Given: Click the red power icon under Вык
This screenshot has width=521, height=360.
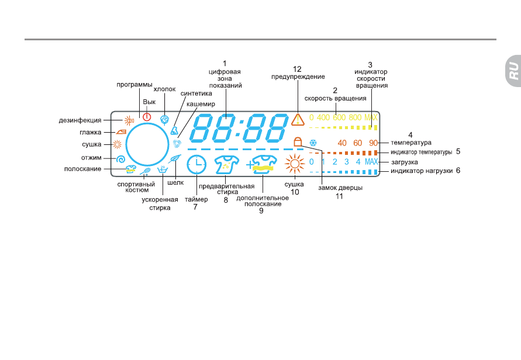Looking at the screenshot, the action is pyautogui.click(x=147, y=117).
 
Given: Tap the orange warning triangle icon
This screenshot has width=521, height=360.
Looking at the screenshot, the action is pyautogui.click(x=298, y=120).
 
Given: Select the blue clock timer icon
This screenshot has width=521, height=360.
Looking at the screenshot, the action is pyautogui.click(x=196, y=165).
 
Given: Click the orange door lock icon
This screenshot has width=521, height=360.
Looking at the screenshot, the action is pyautogui.click(x=298, y=141).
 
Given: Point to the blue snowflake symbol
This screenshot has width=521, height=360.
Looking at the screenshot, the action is pyautogui.click(x=313, y=143).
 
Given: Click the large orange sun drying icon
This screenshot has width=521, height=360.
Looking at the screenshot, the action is pyautogui.click(x=294, y=164).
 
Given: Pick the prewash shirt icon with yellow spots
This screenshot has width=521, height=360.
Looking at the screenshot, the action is pyautogui.click(x=227, y=165).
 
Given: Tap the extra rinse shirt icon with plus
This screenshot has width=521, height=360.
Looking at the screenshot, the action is pyautogui.click(x=262, y=165).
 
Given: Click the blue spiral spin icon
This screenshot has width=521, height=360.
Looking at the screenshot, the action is pyautogui.click(x=120, y=160).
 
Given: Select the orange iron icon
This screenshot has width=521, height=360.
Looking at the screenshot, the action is pyautogui.click(x=121, y=132).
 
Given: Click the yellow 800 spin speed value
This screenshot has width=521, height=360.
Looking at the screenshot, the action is pyautogui.click(x=355, y=117).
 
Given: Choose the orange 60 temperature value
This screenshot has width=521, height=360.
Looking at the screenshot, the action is pyautogui.click(x=357, y=143).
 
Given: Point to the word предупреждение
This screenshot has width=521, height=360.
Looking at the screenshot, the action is pyautogui.click(x=298, y=77).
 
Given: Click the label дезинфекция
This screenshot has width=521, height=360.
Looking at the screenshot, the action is pyautogui.click(x=80, y=120).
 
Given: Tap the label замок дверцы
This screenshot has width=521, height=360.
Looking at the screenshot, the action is pyautogui.click(x=340, y=188).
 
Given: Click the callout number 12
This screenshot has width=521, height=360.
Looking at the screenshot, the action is pyautogui.click(x=297, y=69).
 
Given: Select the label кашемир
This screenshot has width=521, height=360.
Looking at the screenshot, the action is pyautogui.click(x=201, y=104).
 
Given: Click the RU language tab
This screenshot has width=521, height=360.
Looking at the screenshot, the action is pyautogui.click(x=513, y=71).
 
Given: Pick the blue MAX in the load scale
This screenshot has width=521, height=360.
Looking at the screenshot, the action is pyautogui.click(x=371, y=162).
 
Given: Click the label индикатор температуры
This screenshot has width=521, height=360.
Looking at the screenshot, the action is pyautogui.click(x=422, y=152).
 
